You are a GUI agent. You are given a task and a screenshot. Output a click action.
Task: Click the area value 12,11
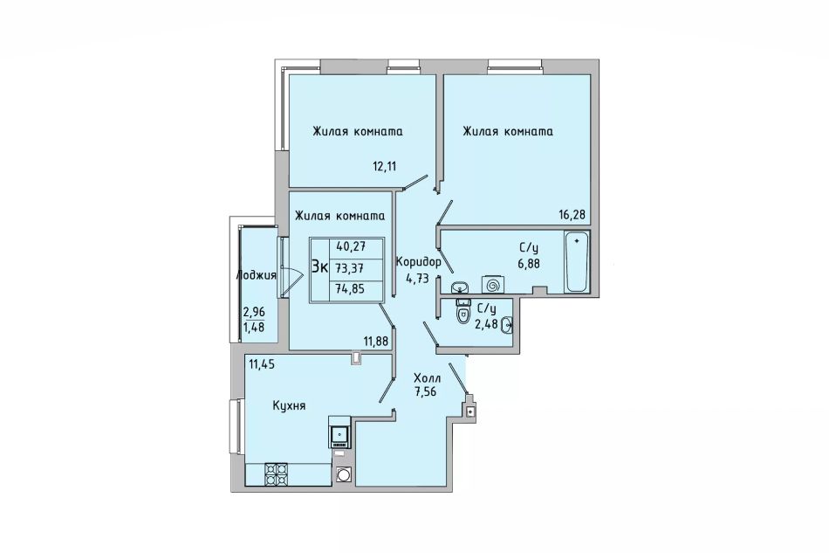[384, 167]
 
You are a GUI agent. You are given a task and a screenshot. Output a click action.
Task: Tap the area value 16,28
[572, 215]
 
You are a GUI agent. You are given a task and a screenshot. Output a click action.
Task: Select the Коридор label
[418, 262]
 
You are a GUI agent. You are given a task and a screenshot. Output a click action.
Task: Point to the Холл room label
[428, 378]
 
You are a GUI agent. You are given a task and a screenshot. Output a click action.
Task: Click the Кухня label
[289, 406]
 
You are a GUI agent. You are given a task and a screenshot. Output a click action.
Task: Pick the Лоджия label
[257, 275]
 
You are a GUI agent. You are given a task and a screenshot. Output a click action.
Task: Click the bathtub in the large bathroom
[577, 261]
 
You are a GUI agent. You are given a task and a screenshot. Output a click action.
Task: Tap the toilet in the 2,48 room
[463, 312]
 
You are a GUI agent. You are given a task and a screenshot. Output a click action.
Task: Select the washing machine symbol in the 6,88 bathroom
[493, 285]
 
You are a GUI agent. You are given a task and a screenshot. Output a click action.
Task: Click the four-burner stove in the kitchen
[276, 474]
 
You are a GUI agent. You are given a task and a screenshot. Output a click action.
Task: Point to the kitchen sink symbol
[339, 432]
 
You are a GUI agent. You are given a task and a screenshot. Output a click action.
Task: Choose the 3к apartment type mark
[320, 266]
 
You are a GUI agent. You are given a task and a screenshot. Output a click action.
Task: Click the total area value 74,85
[350, 289]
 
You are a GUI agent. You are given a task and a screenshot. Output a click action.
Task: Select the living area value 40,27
[351, 246]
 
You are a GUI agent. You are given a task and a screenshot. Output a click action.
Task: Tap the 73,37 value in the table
[350, 268]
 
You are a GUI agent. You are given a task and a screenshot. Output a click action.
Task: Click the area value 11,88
[378, 342]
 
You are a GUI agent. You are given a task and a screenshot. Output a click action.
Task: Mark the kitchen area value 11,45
[262, 364]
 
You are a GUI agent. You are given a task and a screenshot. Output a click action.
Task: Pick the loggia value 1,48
[253, 327]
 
